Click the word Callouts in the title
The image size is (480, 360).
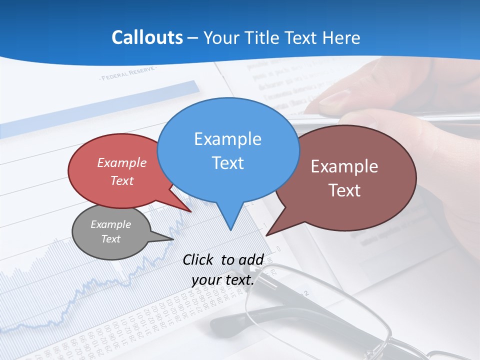147,37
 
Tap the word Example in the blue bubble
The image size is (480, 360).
227,139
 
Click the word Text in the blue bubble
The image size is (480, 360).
227,163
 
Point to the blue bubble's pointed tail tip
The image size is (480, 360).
230,229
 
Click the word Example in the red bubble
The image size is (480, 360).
122,163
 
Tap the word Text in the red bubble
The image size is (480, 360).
122,181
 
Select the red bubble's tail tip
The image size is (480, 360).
191,212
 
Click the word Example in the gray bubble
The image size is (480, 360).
110,224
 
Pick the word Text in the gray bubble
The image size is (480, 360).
110,239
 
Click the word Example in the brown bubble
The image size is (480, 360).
344,166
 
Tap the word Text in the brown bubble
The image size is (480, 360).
344,190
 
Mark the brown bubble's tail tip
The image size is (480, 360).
266,235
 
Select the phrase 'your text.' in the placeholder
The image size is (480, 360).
223,280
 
